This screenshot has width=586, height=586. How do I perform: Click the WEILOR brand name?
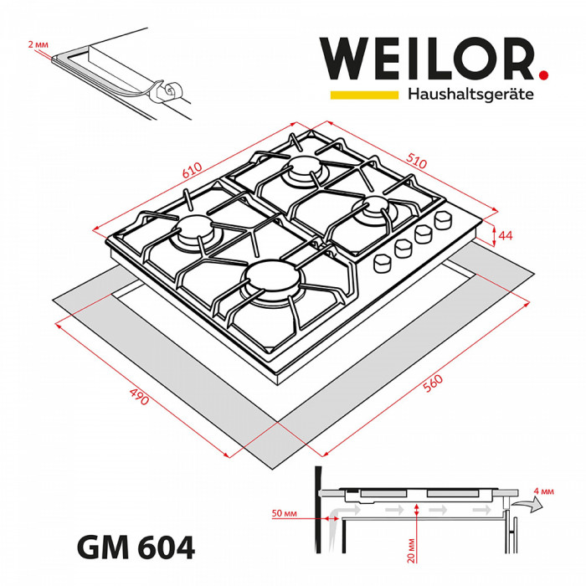tap(426, 59)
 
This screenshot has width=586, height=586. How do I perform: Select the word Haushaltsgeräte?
tap(470, 95)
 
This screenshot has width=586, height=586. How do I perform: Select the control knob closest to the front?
tap(384, 261)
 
